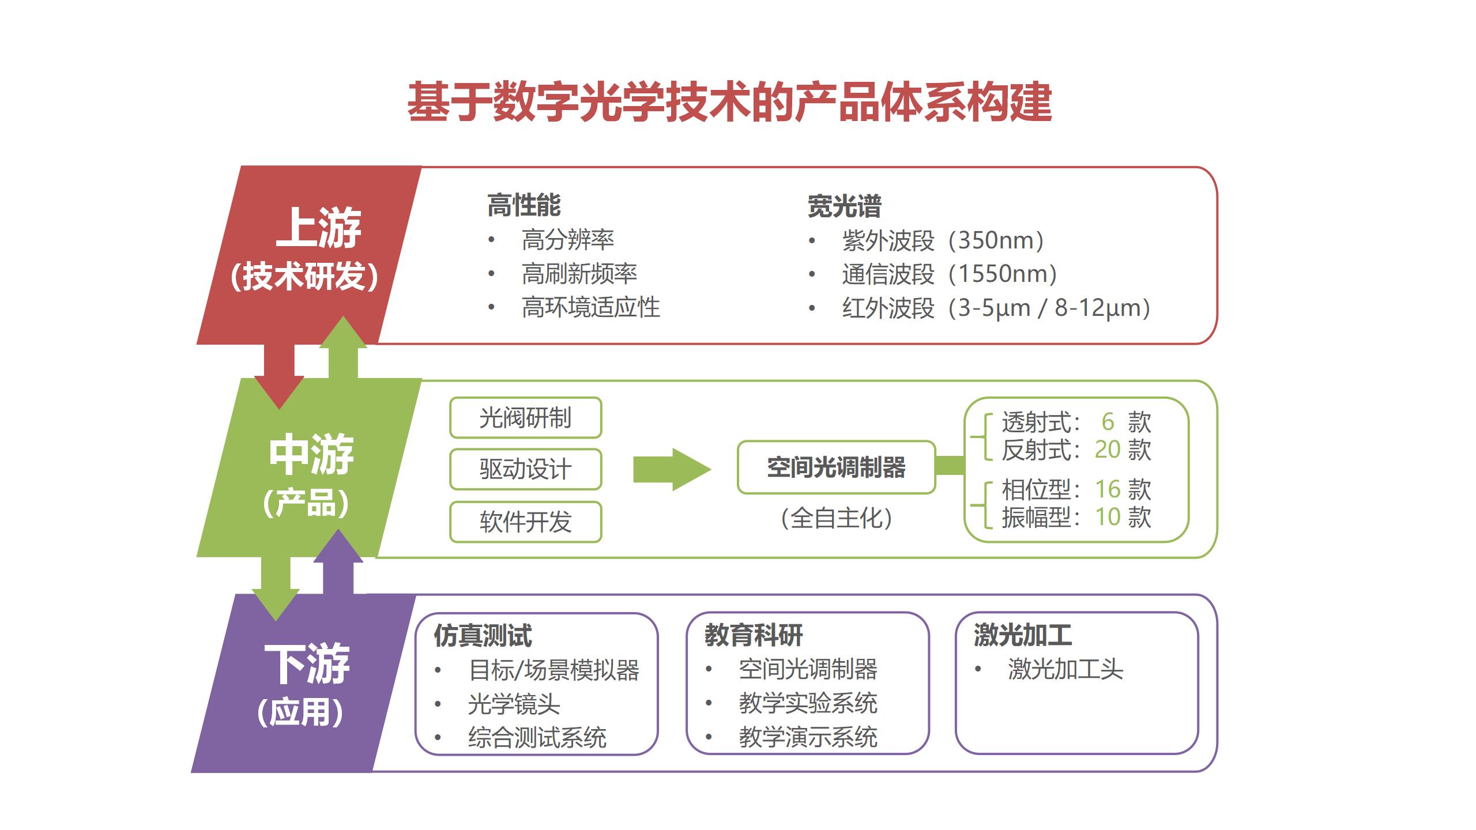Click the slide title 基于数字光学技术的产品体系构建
[x=729, y=102]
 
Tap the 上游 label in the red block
[x=318, y=227]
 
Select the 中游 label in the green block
[x=311, y=455]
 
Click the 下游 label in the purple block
[x=307, y=664]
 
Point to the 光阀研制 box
[x=525, y=418]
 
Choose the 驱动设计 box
[x=525, y=469]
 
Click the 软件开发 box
[x=525, y=522]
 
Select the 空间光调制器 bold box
[x=836, y=467]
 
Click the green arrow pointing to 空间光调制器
[x=672, y=469]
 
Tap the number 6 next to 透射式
[x=1108, y=422]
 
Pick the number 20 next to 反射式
[x=1108, y=450]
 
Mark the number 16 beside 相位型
[x=1108, y=489]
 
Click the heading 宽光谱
[x=845, y=206]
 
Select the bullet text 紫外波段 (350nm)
[x=943, y=240]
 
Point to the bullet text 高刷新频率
[x=579, y=274]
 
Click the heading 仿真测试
[x=483, y=636]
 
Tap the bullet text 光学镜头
[x=514, y=704]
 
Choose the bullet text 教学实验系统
[x=808, y=703]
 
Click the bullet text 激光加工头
[x=1065, y=669]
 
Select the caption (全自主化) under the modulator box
[x=837, y=518]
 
